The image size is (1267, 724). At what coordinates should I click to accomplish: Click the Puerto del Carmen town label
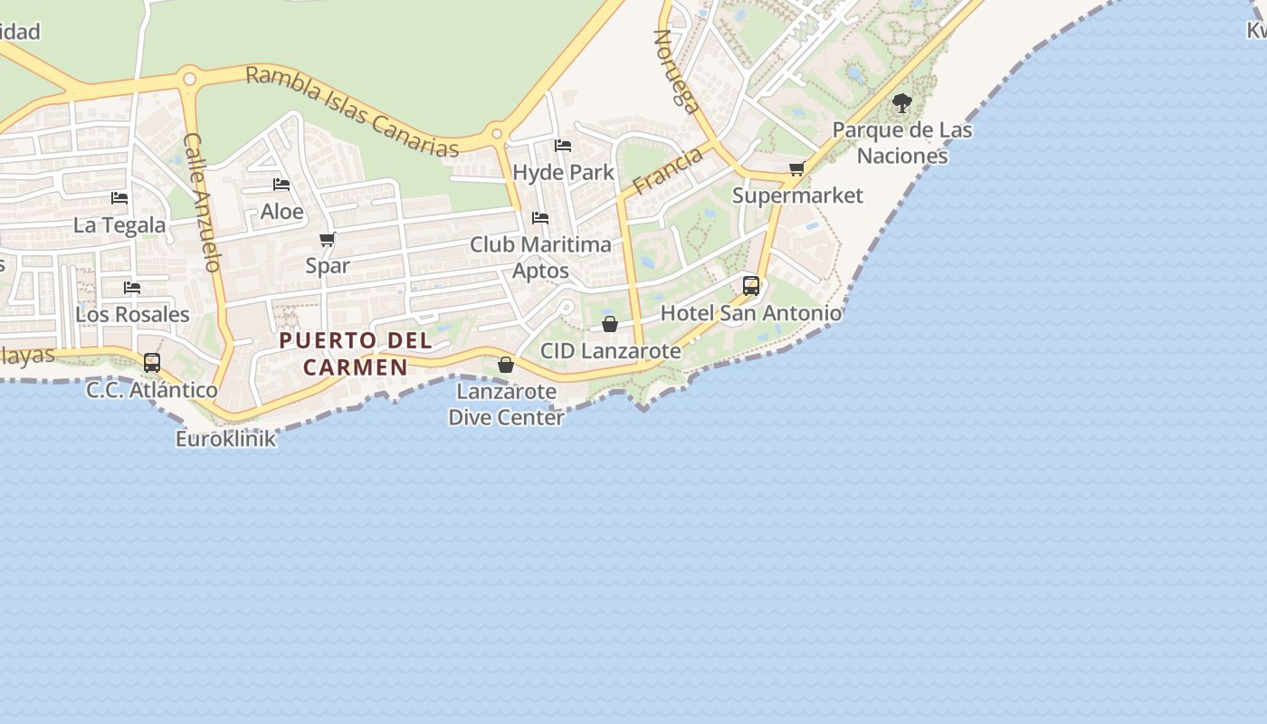[356, 354]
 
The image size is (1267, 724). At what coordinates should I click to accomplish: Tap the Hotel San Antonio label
[751, 313]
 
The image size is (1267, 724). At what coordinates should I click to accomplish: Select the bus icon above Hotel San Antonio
[751, 286]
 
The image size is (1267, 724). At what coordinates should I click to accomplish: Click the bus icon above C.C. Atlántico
[152, 363]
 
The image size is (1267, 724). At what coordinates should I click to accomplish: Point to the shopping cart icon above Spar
[328, 240]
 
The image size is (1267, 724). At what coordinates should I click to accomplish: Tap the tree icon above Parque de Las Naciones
[901, 103]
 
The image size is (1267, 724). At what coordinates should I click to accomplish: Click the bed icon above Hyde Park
[563, 146]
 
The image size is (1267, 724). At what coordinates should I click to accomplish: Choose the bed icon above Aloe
[281, 186]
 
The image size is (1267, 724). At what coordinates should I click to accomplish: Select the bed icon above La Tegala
[119, 198]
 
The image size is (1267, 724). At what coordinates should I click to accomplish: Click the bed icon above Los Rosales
[132, 289]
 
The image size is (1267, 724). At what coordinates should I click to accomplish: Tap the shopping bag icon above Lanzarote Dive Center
[506, 365]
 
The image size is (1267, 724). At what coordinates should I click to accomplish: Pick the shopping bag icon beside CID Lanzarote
[610, 324]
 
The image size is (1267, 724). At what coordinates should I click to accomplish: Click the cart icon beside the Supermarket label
[797, 169]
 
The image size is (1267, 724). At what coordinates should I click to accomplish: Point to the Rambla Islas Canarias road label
[352, 110]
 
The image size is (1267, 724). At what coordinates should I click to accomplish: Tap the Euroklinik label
[225, 440]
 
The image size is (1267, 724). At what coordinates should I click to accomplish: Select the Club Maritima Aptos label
[540, 258]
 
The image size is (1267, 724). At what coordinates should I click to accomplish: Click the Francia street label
[668, 171]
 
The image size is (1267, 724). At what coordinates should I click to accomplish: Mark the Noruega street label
[677, 72]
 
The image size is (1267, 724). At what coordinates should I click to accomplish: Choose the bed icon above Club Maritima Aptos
[540, 218]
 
